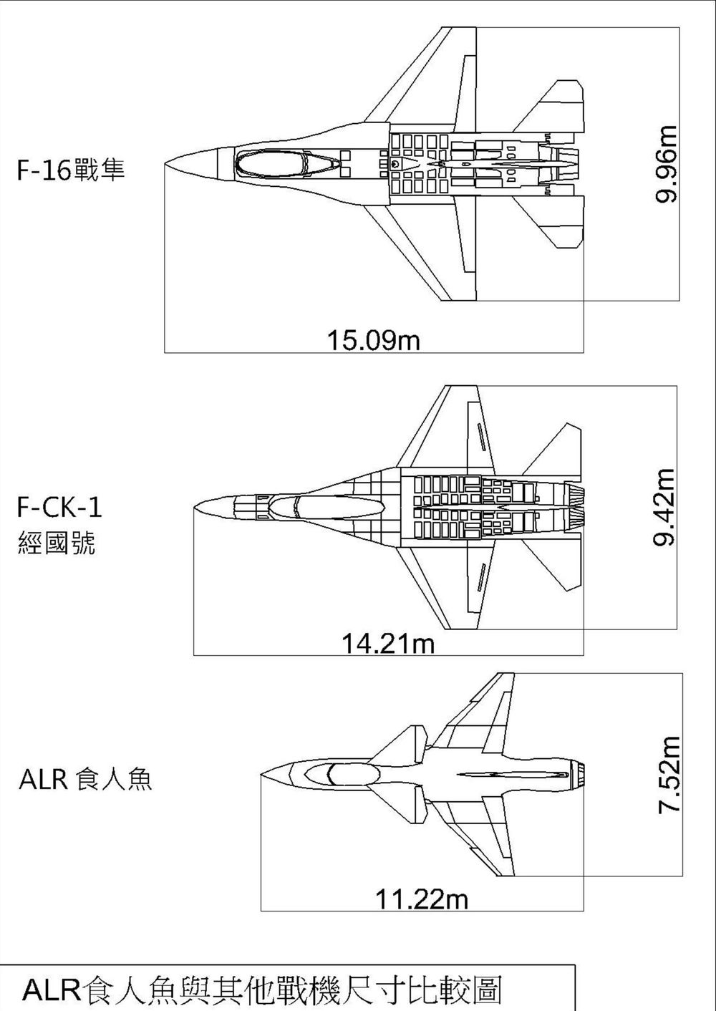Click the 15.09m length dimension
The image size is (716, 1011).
(x=373, y=340)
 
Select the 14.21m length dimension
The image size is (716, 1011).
(x=387, y=644)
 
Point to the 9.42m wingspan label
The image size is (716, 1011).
(x=665, y=507)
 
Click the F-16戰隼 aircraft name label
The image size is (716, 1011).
(x=71, y=170)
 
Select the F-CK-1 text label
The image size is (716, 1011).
(x=59, y=507)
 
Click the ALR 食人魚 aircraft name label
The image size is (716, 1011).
(x=85, y=779)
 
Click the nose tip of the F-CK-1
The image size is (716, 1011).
(x=196, y=507)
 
